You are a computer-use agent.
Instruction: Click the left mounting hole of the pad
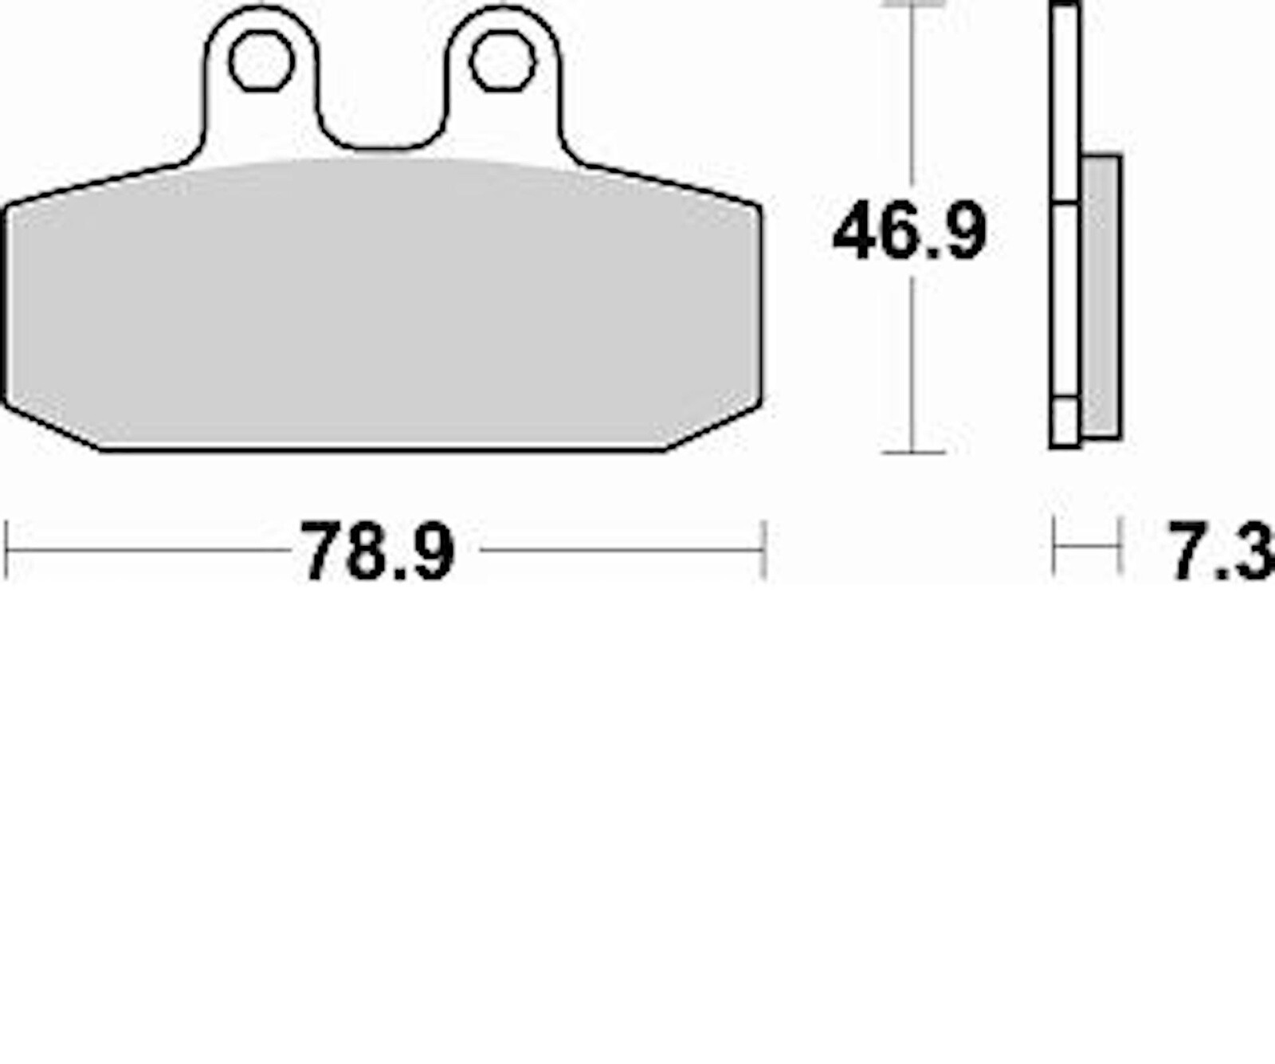261,61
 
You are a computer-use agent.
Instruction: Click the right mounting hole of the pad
502,61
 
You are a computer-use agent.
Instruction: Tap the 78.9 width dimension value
377,552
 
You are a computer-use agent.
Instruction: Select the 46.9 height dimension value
909,232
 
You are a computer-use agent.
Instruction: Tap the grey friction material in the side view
1101,295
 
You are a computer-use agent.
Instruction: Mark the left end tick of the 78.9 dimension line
6,549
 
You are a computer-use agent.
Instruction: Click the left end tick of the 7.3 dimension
1054,546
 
